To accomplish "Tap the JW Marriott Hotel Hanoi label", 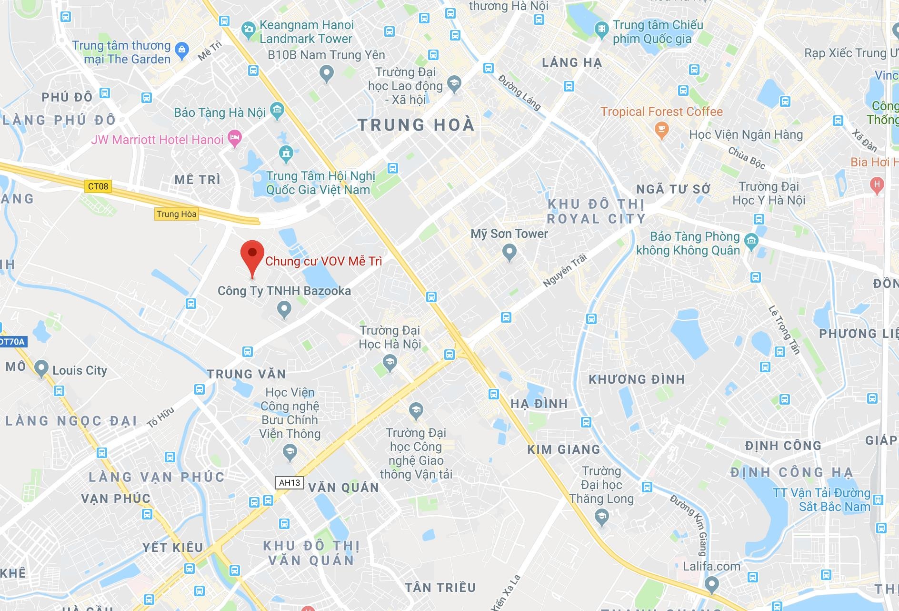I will pyautogui.click(x=157, y=140).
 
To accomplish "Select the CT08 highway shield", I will pyautogui.click(x=98, y=186).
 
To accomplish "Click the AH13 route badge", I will pyautogui.click(x=290, y=483).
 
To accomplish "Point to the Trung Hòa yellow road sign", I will pyautogui.click(x=176, y=214).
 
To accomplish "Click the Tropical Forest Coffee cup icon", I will pyautogui.click(x=661, y=129).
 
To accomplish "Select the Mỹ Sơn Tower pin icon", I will pyautogui.click(x=509, y=251).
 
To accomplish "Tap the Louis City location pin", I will pyautogui.click(x=41, y=368).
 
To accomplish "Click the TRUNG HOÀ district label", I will pyautogui.click(x=416, y=125).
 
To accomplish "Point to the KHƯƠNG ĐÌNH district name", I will pyautogui.click(x=637, y=380).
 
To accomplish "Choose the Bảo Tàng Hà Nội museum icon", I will pyautogui.click(x=277, y=111).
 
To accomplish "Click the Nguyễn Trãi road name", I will pyautogui.click(x=565, y=271).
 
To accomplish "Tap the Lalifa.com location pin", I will pyautogui.click(x=711, y=583).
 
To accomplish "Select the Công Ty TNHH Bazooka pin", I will pyautogui.click(x=284, y=310).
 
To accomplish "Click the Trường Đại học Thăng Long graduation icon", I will pyautogui.click(x=602, y=517).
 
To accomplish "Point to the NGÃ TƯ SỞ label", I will pyautogui.click(x=673, y=189).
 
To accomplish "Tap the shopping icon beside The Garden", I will pyautogui.click(x=182, y=50).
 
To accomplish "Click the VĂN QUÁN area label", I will pyautogui.click(x=343, y=488).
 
